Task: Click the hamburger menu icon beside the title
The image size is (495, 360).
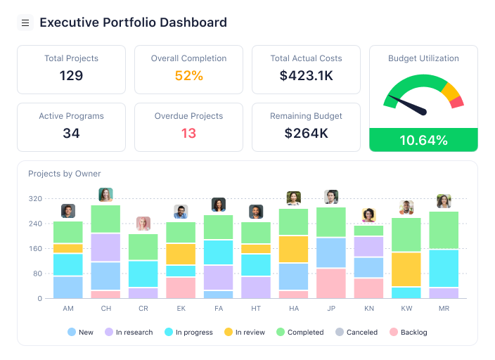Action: click(25, 23)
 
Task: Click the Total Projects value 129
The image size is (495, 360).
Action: click(71, 75)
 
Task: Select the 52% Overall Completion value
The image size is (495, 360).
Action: click(188, 75)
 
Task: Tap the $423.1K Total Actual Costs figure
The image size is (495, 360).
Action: click(306, 75)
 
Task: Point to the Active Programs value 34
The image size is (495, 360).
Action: click(71, 133)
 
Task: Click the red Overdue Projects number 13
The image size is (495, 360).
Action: click(188, 133)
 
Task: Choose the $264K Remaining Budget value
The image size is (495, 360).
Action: click(306, 133)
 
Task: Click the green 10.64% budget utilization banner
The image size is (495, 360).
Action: click(423, 140)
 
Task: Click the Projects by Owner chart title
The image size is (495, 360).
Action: click(65, 174)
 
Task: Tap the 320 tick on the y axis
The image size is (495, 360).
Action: click(35, 199)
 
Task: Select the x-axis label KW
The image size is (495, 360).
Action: click(406, 309)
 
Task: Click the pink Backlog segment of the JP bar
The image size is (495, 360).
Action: click(331, 283)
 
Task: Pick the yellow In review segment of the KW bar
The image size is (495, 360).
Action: click(406, 269)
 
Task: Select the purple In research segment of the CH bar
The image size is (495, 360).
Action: click(105, 247)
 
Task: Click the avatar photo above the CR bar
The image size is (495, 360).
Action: click(143, 224)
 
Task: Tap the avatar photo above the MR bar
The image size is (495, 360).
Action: click(444, 201)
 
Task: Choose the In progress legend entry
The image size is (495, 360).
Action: click(188, 332)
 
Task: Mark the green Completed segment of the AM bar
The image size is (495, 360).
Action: click(68, 232)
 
